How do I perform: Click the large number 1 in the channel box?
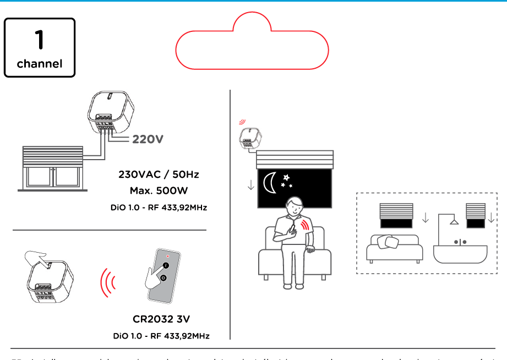(39, 39)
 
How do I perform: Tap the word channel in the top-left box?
(39, 63)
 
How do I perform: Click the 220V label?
(148, 139)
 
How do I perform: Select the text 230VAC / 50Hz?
(159, 174)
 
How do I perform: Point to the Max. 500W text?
(159, 190)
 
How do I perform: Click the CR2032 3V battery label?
(161, 319)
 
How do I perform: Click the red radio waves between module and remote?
(108, 283)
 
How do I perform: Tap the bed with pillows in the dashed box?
(394, 248)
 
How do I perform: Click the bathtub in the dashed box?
(460, 251)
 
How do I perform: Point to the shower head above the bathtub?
(453, 221)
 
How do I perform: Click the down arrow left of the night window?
(251, 184)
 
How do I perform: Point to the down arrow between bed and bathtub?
(425, 219)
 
